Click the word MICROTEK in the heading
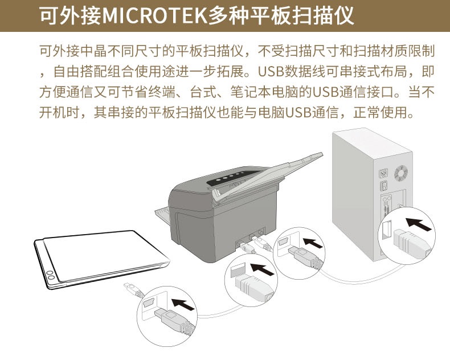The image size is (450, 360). coord(155,15)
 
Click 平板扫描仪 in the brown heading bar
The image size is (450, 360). coord(301,15)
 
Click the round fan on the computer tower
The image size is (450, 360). coord(400,173)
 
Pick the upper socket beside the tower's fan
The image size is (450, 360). coord(384,173)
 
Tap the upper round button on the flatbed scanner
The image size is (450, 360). coord(50,273)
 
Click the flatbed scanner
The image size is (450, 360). coord(101,259)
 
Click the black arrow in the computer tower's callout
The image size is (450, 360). coord(419,224)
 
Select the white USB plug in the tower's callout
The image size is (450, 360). coord(411,243)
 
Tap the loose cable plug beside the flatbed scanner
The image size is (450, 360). coord(133,290)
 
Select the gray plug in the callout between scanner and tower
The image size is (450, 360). coord(305,257)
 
